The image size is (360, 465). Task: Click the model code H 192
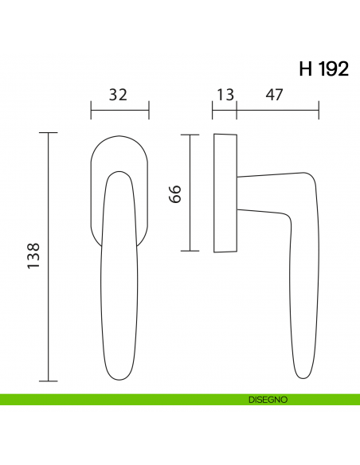click(x=323, y=69)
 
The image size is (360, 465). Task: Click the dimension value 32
click(x=118, y=95)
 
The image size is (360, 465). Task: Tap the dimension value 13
click(x=225, y=95)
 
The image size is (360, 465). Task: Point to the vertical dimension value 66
click(x=177, y=193)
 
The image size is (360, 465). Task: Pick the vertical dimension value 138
click(x=33, y=256)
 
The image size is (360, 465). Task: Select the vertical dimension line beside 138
click(x=49, y=256)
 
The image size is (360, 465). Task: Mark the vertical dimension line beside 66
click(x=190, y=193)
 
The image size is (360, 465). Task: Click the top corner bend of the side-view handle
click(x=307, y=178)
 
